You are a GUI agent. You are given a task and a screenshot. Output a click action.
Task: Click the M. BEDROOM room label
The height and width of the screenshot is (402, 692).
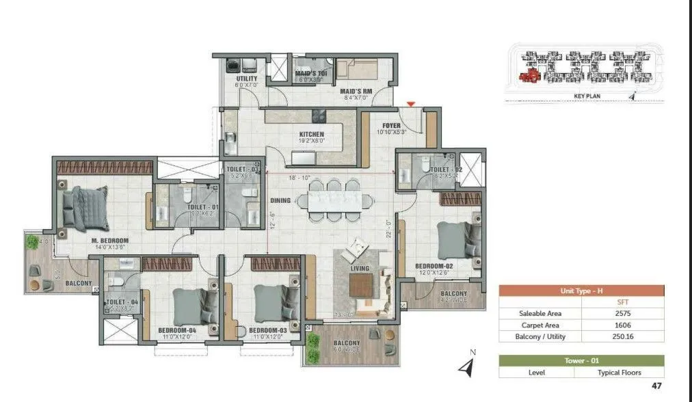click(110, 240)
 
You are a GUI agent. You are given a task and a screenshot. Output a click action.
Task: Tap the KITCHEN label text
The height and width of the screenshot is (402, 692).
click(311, 135)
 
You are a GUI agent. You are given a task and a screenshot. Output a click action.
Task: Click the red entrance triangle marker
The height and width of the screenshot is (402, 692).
click(410, 104)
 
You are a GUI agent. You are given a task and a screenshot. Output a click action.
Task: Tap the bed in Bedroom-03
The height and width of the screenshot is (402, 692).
click(269, 304)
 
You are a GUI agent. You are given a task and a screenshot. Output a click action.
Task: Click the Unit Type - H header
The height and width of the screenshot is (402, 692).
click(581, 291)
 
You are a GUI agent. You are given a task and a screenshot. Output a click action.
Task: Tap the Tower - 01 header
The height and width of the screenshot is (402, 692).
click(581, 361)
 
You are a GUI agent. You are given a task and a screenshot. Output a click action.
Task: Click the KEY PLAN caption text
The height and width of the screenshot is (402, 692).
click(587, 96)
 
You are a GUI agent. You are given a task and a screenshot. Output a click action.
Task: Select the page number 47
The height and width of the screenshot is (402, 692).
click(656, 386)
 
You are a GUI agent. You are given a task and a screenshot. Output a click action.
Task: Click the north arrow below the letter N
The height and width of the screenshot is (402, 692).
click(467, 370)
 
